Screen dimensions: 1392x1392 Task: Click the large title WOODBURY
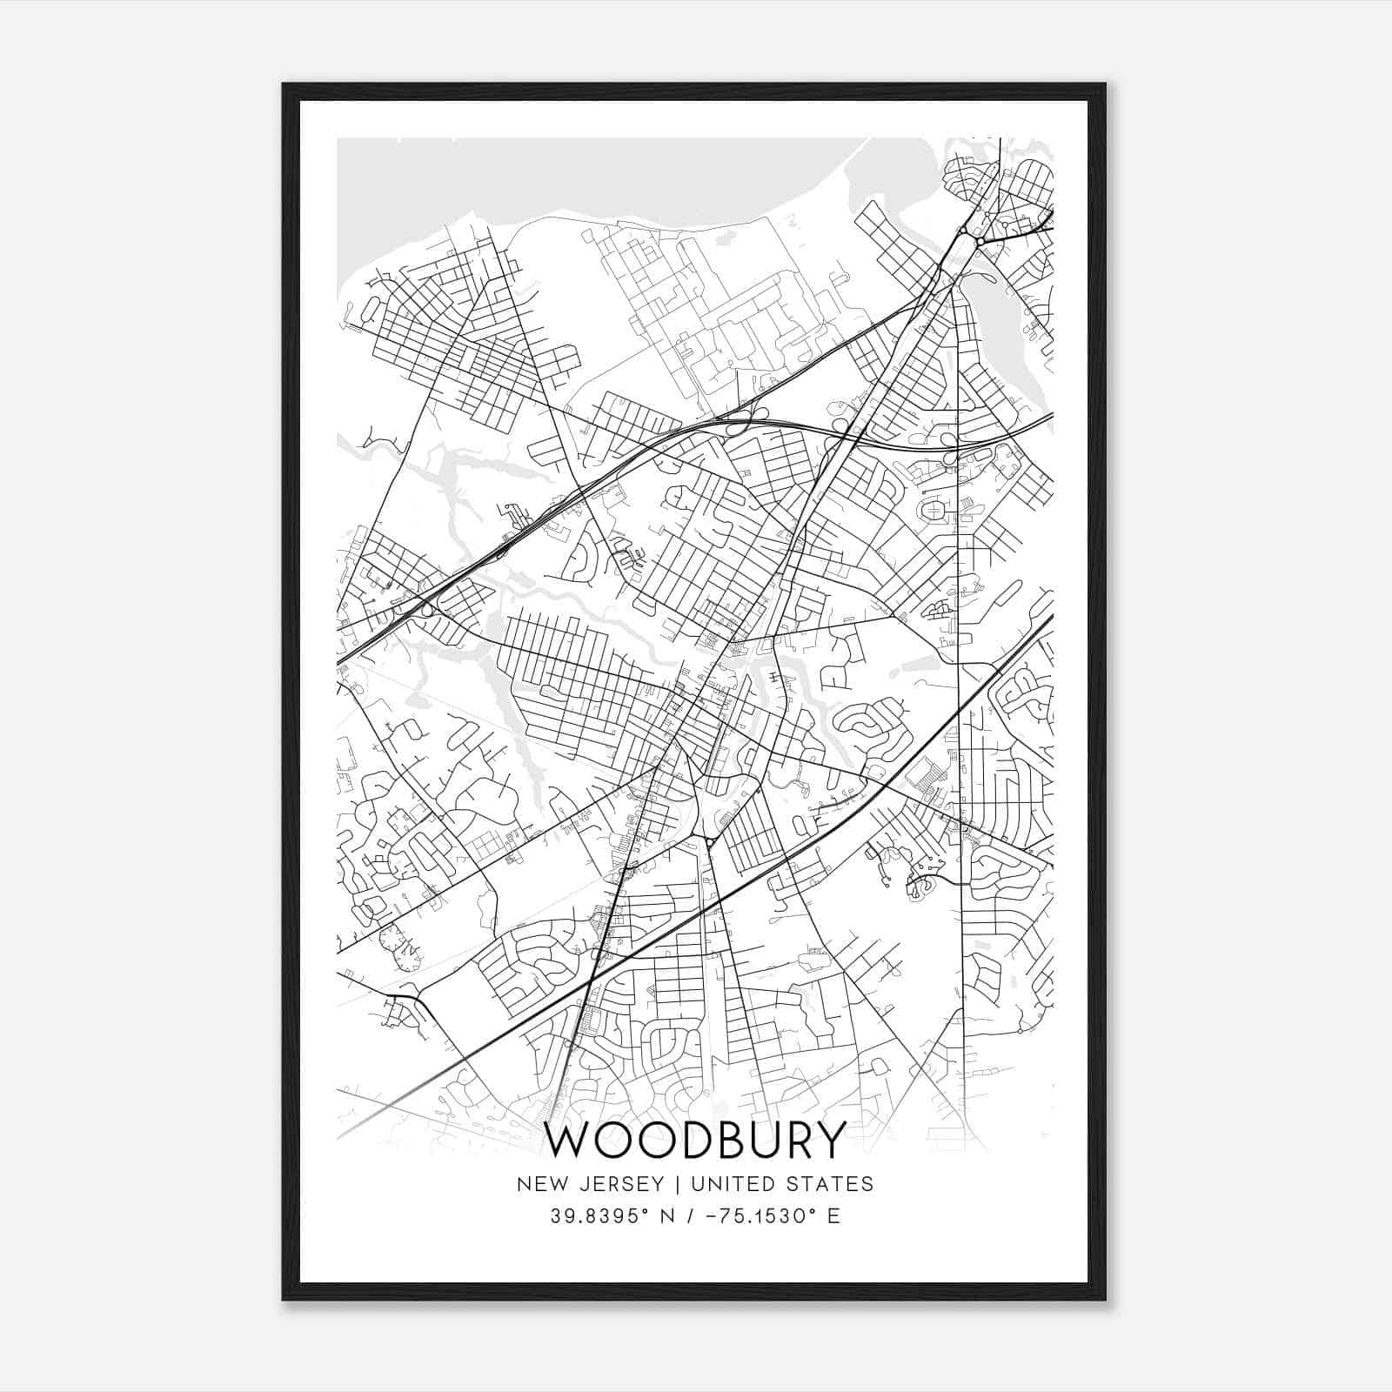click(695, 1140)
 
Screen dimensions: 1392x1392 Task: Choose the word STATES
click(832, 1184)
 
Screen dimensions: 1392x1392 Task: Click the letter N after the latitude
click(669, 1216)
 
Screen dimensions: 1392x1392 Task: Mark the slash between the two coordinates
click(692, 1216)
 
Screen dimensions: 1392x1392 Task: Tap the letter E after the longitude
click(833, 1216)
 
